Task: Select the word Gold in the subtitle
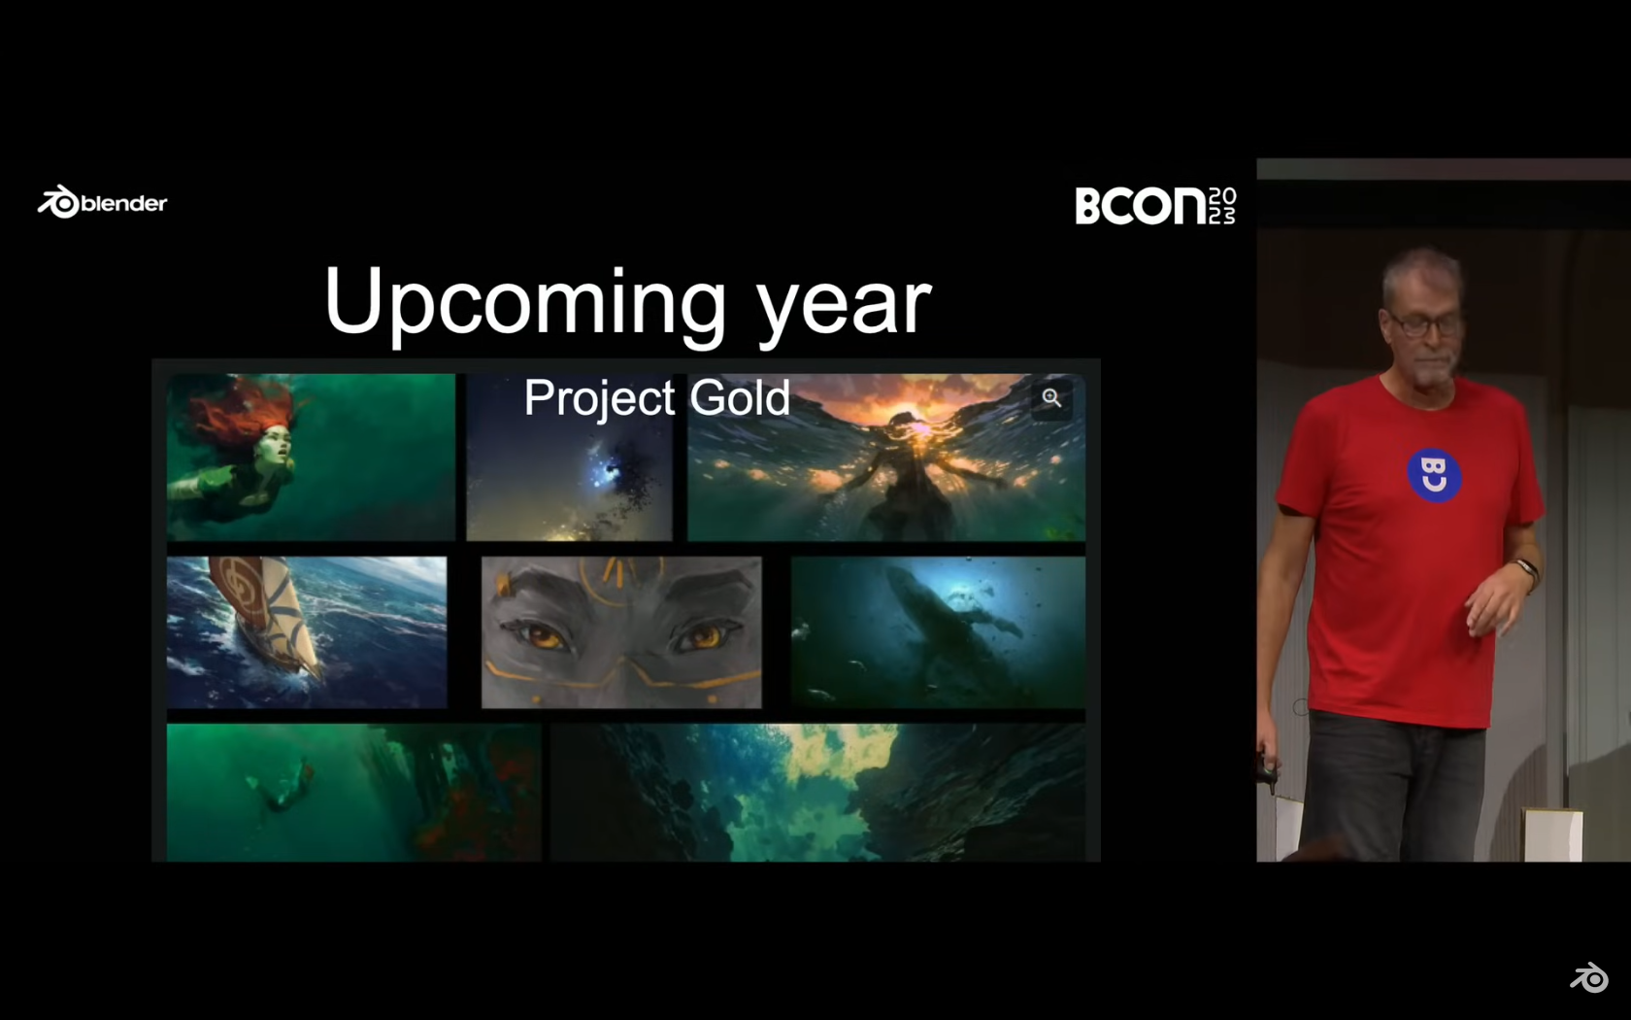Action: coord(740,397)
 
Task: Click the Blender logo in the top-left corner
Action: coord(102,202)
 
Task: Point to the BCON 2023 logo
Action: coord(1155,206)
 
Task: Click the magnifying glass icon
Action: coord(1051,398)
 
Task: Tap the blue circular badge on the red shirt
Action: coord(1434,475)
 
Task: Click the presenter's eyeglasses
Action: coord(1422,324)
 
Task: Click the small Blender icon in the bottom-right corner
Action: coord(1588,977)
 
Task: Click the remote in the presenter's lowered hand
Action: coord(1267,772)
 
